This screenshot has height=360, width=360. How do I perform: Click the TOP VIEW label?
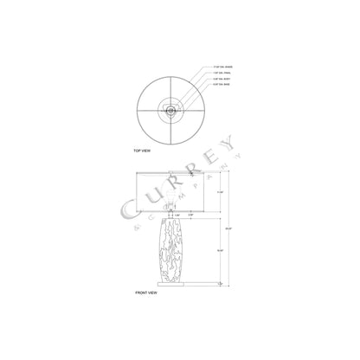pyautogui.click(x=142, y=150)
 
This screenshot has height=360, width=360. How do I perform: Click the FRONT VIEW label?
pyautogui.click(x=146, y=293)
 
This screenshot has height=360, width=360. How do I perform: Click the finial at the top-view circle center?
pyautogui.click(x=171, y=110)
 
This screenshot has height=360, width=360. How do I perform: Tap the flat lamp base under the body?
pyautogui.click(x=170, y=280)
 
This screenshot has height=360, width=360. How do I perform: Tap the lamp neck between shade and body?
pyautogui.click(x=170, y=216)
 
